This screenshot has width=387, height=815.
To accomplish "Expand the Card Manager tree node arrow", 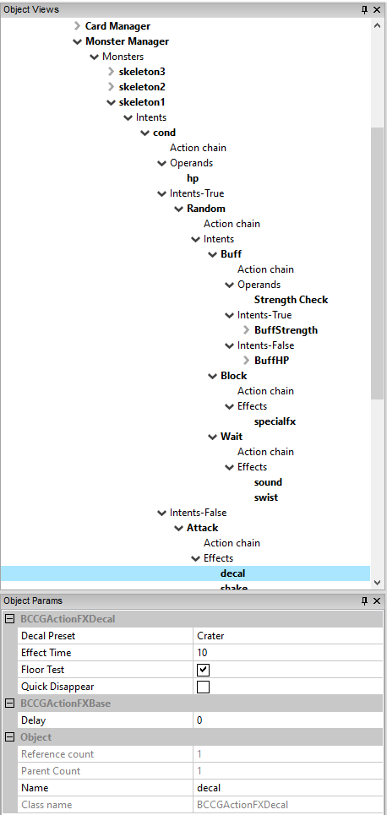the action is pos(77,26).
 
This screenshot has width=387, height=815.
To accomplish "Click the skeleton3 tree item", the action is pos(142,72).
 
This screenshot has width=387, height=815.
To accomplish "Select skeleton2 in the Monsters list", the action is pos(142,87).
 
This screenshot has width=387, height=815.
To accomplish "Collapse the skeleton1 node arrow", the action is pos(111,102).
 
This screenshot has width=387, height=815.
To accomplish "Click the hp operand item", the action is pos(193,178).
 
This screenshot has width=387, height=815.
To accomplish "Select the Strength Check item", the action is pos(292,300).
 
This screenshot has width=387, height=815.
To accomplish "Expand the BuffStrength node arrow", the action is pos(247,330).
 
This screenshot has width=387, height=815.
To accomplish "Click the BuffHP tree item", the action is pos(271,360).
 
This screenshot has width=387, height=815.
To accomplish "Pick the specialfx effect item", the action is pos(275,421).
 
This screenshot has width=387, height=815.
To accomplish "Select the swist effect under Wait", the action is pos(266,497).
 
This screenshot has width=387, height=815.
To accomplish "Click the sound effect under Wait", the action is pos(268,482).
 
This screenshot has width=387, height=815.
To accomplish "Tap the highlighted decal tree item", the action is pos(232,573).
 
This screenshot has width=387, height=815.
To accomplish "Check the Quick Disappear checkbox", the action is pos(204,687).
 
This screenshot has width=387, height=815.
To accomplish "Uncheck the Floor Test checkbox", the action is pos(204,670).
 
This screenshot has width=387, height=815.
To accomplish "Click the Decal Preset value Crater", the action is pos(210,636).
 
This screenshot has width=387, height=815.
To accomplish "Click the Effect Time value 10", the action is pos(202,653).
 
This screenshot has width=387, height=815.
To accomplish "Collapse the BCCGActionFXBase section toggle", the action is pos(9,704).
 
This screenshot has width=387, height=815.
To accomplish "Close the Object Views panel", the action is pos(377,9).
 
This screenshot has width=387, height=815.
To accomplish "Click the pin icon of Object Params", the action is pos(365,600).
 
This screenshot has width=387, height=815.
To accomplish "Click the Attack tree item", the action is pos(202,528).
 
